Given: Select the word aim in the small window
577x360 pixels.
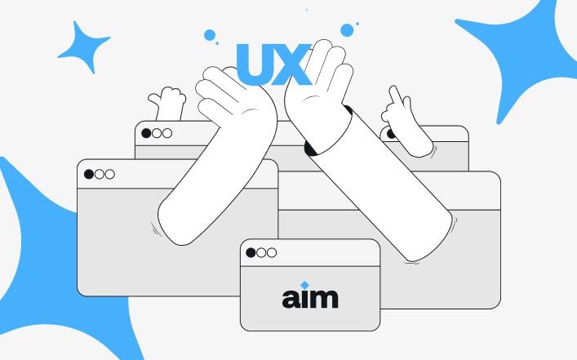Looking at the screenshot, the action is tap(310, 298).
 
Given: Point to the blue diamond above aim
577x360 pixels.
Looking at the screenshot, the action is tap(304, 285).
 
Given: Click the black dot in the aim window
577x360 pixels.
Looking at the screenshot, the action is tap(251, 252).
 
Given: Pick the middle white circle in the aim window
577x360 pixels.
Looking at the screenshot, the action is tap(261, 252).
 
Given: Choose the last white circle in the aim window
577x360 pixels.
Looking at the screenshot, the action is tap(272, 252).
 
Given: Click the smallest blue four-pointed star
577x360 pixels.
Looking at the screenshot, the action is tap(85, 48).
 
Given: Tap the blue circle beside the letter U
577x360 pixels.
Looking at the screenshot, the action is tap(210, 35).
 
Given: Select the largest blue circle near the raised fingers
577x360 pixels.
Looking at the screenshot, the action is tap(347, 30).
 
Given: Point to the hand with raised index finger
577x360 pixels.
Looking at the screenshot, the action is tap(405, 122).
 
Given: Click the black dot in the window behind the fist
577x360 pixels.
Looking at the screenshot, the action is tap(146, 133).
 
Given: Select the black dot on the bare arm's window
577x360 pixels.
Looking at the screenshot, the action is tap(89, 174).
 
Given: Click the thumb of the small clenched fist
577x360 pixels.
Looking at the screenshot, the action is tap(154, 99).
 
